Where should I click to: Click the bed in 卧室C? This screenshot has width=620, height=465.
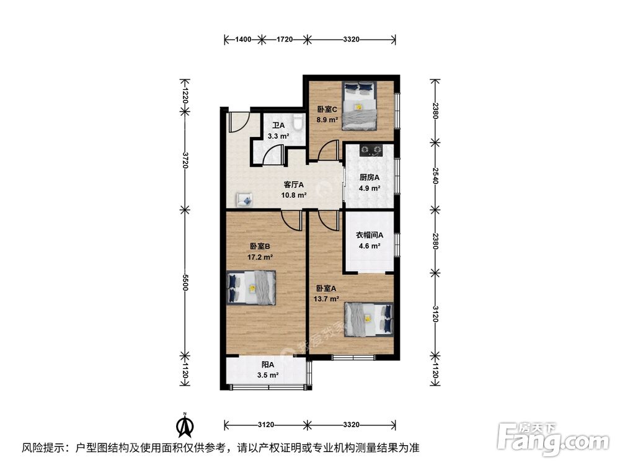(359, 105)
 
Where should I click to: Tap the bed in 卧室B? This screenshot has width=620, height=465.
(251, 288)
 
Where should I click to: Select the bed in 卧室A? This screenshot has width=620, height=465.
(369, 318)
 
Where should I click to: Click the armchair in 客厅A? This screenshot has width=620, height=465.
(244, 200)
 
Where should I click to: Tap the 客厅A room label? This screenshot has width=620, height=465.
(294, 184)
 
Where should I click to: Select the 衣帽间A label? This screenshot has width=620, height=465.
(370, 235)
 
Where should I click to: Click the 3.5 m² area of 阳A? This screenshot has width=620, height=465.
(267, 375)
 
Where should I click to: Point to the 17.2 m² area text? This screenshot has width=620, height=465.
(260, 256)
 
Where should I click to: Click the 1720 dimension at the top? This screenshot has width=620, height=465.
(284, 40)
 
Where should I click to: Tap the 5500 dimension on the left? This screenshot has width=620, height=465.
(184, 282)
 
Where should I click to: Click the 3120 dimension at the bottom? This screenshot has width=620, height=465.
(267, 425)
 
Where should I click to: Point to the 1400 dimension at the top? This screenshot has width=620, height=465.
(243, 40)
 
